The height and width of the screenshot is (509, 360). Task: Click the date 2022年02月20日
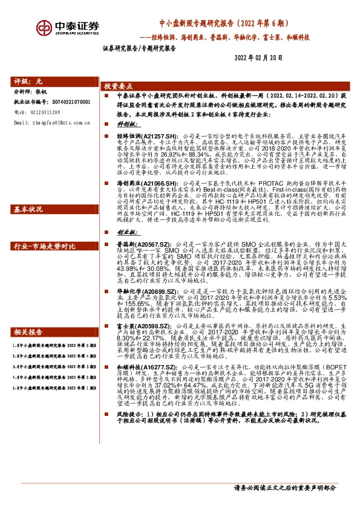pos(257,58)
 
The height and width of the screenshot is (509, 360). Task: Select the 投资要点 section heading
pos(119,86)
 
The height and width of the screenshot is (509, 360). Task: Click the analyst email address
pos(51,123)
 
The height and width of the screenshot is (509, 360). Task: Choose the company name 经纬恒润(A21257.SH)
pos(139,137)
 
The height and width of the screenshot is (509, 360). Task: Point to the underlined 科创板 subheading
pos(123,122)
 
